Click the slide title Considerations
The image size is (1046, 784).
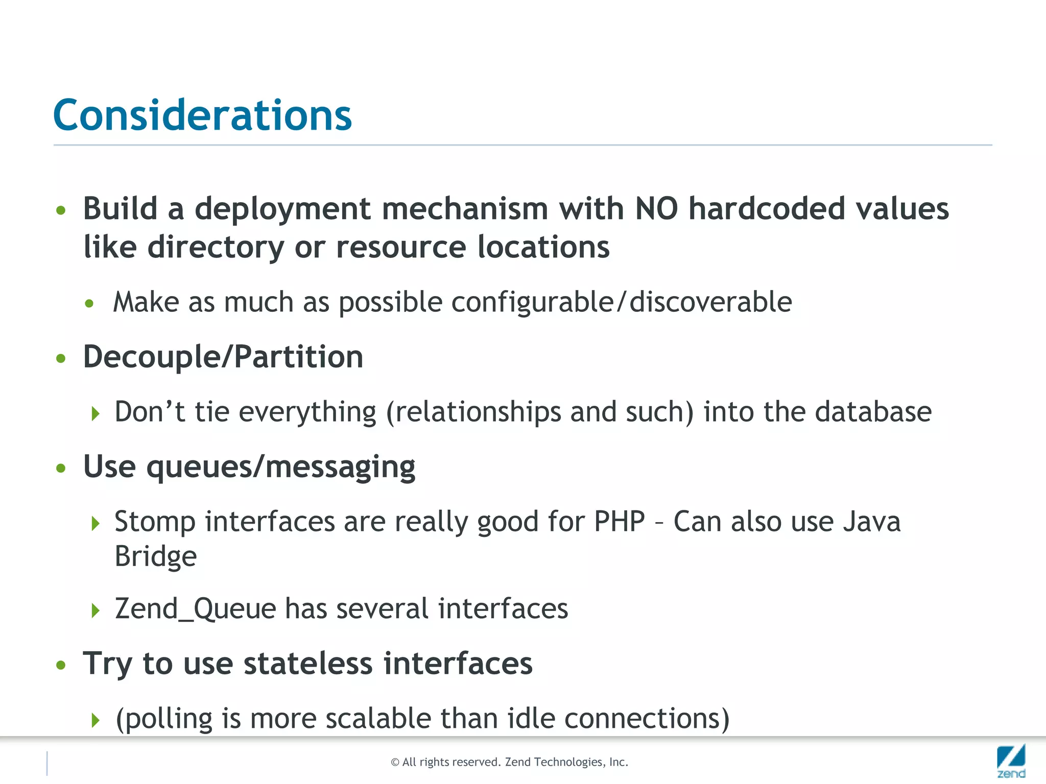[202, 115]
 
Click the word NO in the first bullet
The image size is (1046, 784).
[656, 209]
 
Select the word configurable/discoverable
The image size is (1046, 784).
[622, 302]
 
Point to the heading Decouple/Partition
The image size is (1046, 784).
[223, 356]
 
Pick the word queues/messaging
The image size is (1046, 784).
[281, 467]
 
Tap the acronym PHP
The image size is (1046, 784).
[620, 522]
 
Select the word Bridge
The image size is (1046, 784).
[156, 556]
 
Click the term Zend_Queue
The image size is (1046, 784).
[196, 609]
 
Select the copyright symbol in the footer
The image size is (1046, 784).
[395, 763]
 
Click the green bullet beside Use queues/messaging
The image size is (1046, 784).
[61, 468]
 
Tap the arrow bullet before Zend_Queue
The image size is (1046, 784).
[96, 610]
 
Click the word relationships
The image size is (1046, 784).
[478, 411]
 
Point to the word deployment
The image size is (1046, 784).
[282, 209]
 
